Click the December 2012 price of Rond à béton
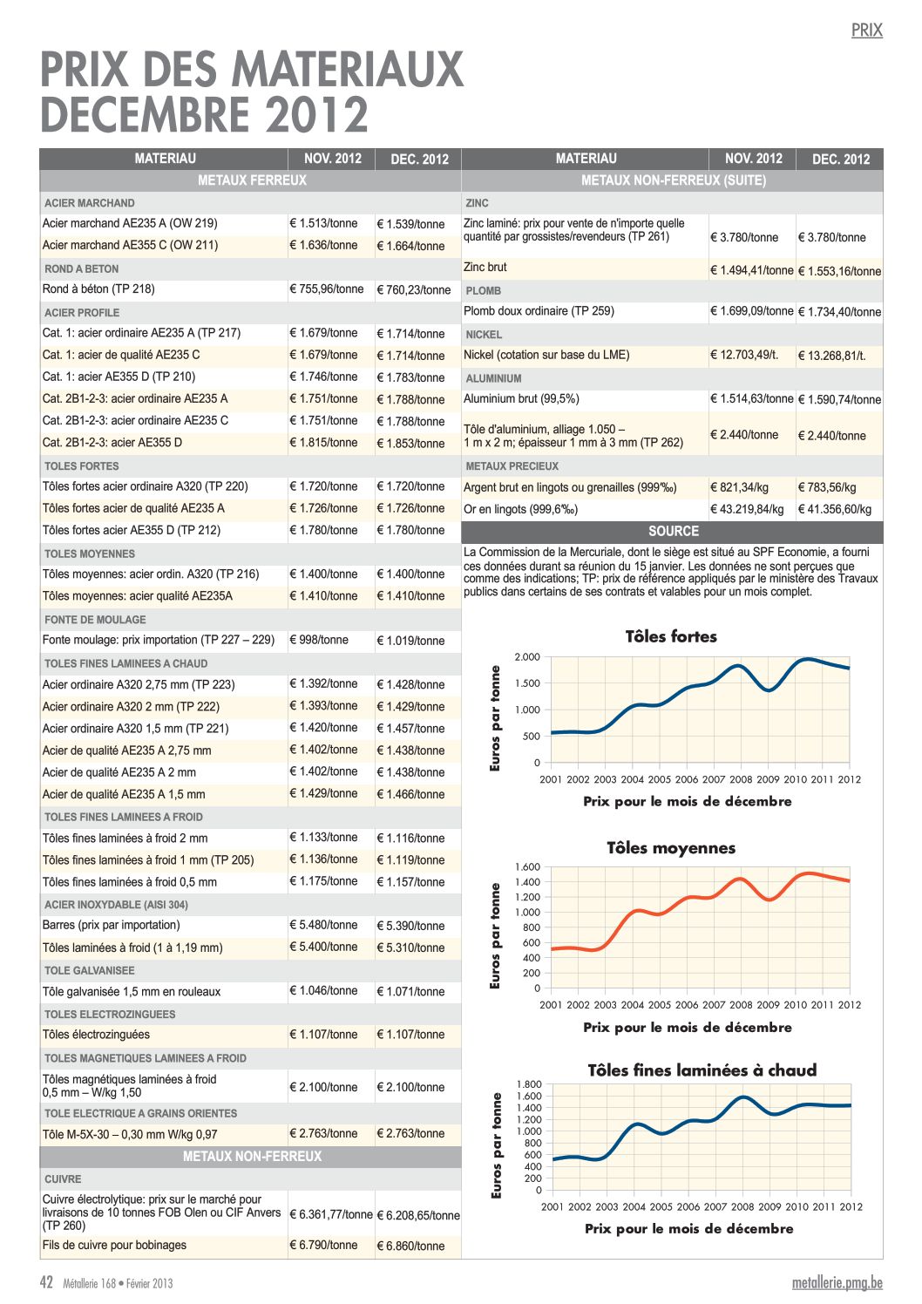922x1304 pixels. click(x=414, y=290)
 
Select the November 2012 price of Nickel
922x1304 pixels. click(x=744, y=355)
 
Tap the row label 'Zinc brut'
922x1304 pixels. click(x=485, y=268)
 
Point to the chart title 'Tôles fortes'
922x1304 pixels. click(x=671, y=636)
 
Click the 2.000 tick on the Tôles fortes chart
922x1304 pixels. click(x=527, y=657)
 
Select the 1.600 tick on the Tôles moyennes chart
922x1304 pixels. click(x=527, y=866)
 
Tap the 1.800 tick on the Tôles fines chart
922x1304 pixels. click(x=528, y=1084)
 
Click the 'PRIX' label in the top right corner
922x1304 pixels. click(x=867, y=31)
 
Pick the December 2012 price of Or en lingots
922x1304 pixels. click(x=835, y=509)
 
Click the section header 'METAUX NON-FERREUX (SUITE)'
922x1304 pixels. click(x=674, y=180)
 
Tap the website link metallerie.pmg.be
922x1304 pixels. click(x=837, y=1283)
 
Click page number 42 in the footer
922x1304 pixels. click(x=46, y=1282)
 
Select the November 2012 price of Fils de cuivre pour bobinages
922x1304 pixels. click(x=323, y=1246)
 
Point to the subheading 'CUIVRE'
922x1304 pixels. click(x=63, y=1178)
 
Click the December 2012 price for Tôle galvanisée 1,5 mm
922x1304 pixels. click(x=411, y=991)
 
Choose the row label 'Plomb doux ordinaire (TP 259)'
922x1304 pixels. click(x=539, y=311)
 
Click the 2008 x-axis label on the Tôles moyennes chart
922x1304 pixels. click(x=741, y=1005)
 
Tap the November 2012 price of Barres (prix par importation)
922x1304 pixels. click(x=323, y=925)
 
